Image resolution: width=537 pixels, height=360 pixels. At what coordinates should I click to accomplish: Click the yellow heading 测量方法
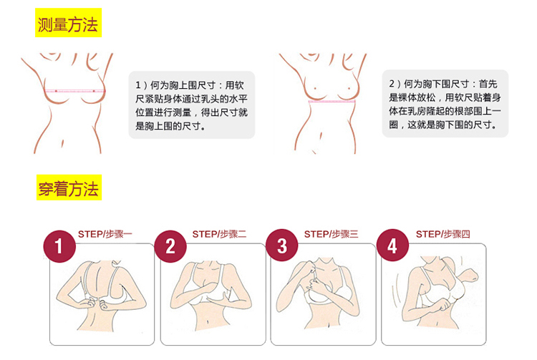pyautogui.click(x=68, y=23)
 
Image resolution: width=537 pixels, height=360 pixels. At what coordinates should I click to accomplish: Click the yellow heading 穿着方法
pyautogui.click(x=69, y=188)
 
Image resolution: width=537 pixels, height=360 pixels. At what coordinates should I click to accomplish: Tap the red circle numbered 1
pyautogui.click(x=59, y=246)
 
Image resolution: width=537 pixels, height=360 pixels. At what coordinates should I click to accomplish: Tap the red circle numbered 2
pyautogui.click(x=170, y=246)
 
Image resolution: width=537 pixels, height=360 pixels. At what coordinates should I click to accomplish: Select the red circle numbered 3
pyautogui.click(x=282, y=245)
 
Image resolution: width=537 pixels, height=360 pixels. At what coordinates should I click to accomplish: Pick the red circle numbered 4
pyautogui.click(x=392, y=245)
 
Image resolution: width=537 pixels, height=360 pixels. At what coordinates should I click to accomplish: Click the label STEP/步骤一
pyautogui.click(x=105, y=234)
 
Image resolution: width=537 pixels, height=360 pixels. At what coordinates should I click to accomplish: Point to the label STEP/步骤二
pyautogui.click(x=219, y=234)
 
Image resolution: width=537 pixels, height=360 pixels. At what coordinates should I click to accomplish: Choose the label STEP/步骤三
pyautogui.click(x=331, y=234)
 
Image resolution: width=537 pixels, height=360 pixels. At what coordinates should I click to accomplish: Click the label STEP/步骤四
pyautogui.click(x=442, y=234)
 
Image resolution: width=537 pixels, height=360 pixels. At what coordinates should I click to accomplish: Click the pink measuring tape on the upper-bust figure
pyautogui.click(x=74, y=91)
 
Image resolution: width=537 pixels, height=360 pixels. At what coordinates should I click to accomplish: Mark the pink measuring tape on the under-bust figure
pyautogui.click(x=332, y=102)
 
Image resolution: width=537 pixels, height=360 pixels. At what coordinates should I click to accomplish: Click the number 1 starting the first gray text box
pyautogui.click(x=138, y=85)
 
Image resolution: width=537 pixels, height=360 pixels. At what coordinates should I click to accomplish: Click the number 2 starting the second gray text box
pyautogui.click(x=392, y=84)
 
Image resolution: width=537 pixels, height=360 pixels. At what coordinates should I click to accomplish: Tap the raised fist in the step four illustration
pyautogui.click(x=469, y=275)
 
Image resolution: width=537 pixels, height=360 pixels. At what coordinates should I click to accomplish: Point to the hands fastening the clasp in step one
pyautogui.click(x=97, y=304)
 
